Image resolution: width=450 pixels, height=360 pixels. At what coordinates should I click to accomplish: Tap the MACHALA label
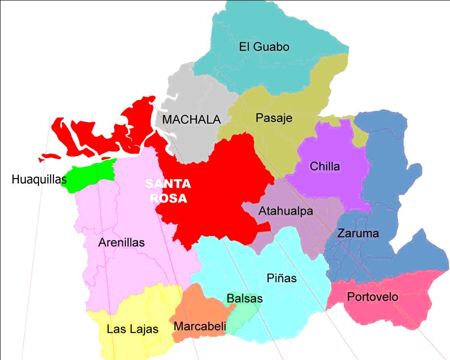(x=191, y=120)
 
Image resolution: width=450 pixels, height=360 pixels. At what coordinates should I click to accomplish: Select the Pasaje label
(x=273, y=118)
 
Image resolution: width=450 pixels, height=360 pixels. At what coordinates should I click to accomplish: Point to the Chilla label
(x=325, y=166)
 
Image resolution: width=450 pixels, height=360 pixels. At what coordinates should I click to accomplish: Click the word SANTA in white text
(x=168, y=184)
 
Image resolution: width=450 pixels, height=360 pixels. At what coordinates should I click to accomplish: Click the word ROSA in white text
(x=168, y=198)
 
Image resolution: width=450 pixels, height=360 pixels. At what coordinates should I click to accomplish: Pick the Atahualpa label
(x=286, y=211)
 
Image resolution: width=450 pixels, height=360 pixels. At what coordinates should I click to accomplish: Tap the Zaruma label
(x=358, y=233)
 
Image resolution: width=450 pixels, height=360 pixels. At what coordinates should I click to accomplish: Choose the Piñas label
(x=281, y=278)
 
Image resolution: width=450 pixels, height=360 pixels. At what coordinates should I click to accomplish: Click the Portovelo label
(x=372, y=297)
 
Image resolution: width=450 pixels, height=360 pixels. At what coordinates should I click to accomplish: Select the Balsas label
(x=244, y=299)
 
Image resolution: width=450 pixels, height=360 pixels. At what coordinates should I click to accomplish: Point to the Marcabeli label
(x=200, y=327)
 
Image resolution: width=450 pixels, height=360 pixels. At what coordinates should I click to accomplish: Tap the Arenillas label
(x=121, y=242)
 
